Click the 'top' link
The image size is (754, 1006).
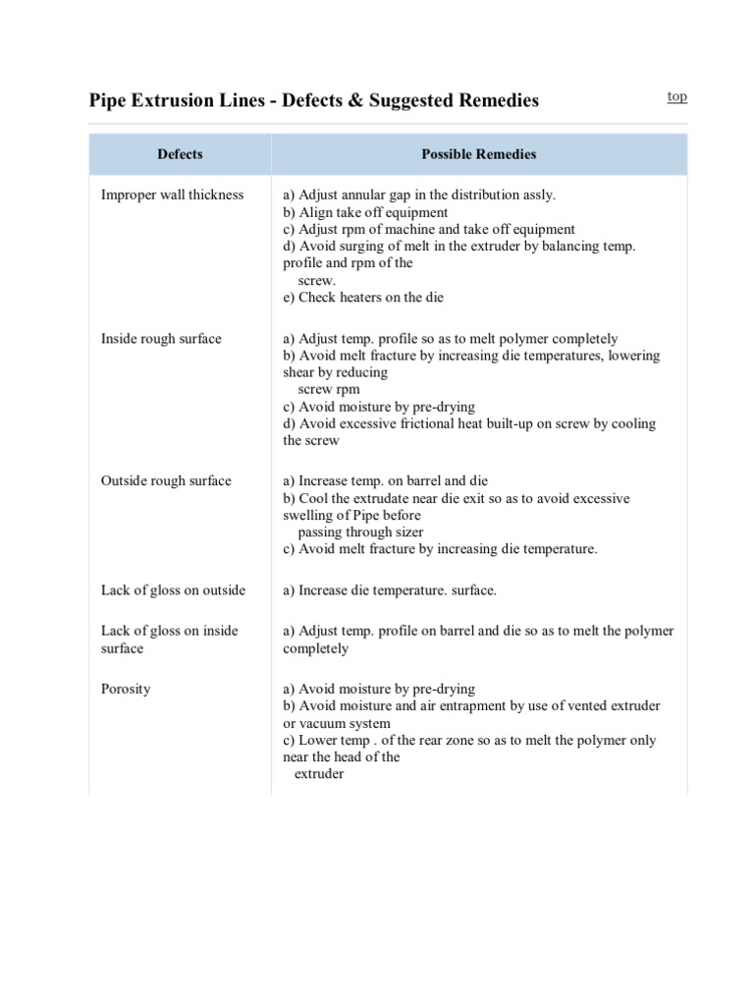pyautogui.click(x=677, y=96)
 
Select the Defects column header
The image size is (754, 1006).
pyautogui.click(x=180, y=154)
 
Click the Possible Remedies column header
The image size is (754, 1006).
pyautogui.click(x=479, y=154)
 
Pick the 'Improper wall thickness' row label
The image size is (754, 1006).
pyautogui.click(x=172, y=195)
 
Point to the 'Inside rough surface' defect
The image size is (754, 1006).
pyautogui.click(x=161, y=339)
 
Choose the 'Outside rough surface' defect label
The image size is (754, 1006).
pyautogui.click(x=166, y=480)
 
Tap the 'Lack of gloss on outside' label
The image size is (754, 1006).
pyautogui.click(x=173, y=590)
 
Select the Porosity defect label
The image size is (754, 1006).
pyautogui.click(x=126, y=689)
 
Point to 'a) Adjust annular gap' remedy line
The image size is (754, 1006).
pyautogui.click(x=418, y=195)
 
